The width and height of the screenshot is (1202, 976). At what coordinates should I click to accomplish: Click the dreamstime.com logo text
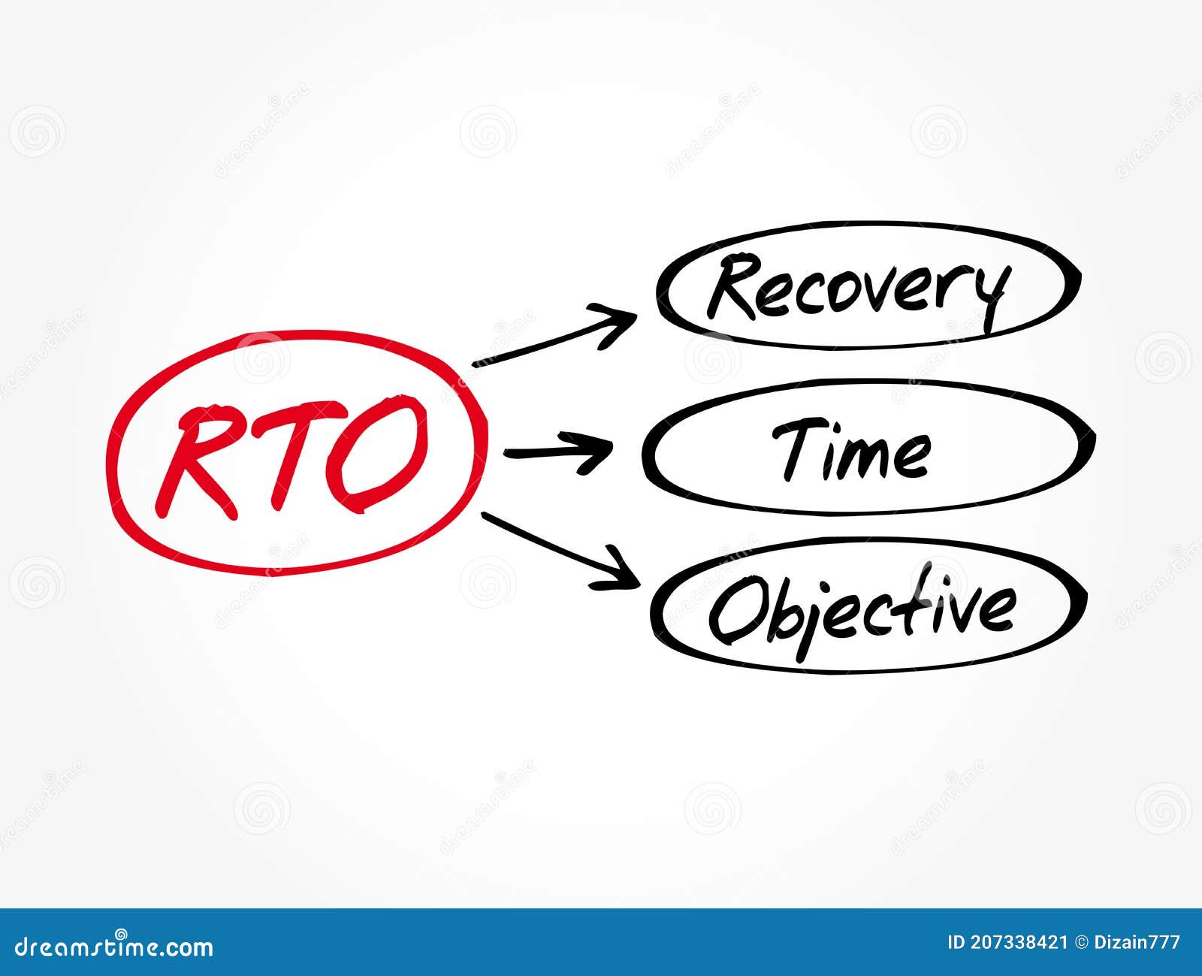point(113,946)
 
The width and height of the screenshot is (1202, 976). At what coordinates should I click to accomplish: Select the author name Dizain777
point(1139,942)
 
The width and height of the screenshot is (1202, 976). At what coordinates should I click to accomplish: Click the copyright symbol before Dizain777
point(1083,942)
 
